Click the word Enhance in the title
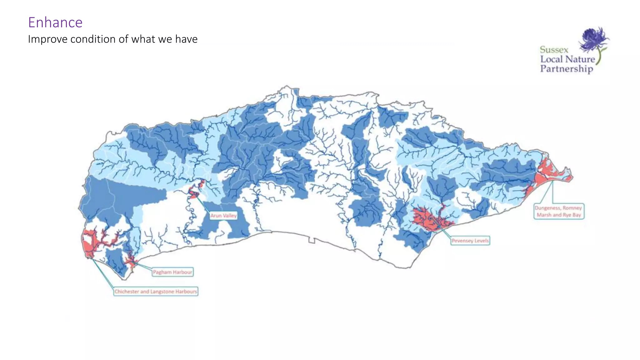[x=55, y=22]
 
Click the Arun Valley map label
[x=223, y=216]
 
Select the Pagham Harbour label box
[x=172, y=272]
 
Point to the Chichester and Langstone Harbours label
[x=156, y=292]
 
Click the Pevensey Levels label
[x=470, y=241]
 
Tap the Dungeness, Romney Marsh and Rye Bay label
[x=558, y=212]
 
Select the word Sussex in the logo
[x=554, y=50]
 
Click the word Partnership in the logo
[x=567, y=69]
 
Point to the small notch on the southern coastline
[x=311, y=240]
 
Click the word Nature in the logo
[x=580, y=59]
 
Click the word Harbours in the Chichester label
[x=186, y=292]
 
